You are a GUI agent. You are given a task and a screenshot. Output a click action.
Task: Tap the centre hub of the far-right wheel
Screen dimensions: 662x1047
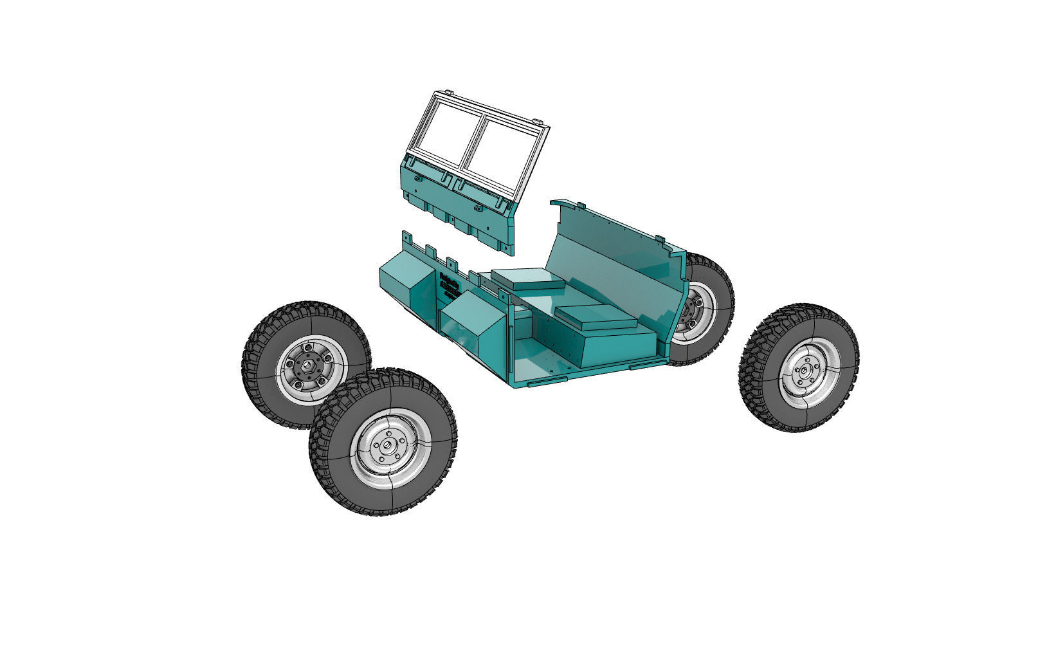coord(802,370)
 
